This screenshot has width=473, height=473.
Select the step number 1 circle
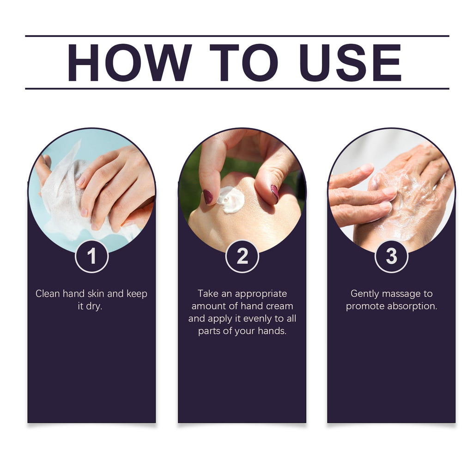click(91, 256)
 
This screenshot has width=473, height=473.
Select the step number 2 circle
click(242, 256)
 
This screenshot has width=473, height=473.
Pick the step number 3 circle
click(391, 256)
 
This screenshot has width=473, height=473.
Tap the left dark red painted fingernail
click(208, 197)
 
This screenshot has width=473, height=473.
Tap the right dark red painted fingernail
click(274, 192)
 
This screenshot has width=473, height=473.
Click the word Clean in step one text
click(48, 294)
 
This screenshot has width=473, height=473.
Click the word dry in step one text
click(94, 307)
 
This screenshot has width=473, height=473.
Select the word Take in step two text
click(208, 294)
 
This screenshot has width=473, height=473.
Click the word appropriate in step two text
click(261, 294)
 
